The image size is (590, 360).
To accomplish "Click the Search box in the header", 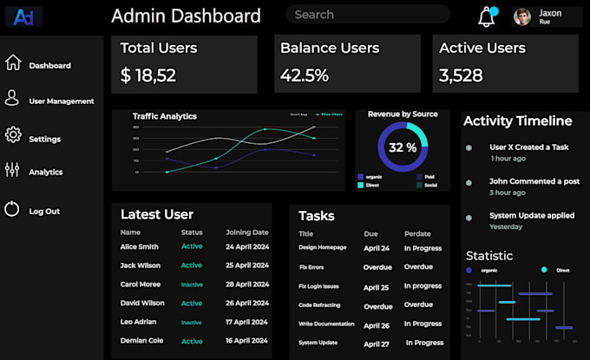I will point(367,15).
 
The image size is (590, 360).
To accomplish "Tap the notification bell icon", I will point(486,16).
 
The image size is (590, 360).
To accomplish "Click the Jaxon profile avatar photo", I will point(521,16).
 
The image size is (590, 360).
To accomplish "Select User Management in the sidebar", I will point(61,101).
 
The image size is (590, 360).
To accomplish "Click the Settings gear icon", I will point(13,134).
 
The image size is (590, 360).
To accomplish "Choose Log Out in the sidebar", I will point(43,211).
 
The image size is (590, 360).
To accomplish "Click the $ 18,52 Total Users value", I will point(148,75).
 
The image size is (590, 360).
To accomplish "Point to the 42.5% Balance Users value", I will point(305,75).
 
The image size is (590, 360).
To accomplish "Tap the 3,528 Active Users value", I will point(461,75).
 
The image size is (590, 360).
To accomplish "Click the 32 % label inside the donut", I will point(403,147).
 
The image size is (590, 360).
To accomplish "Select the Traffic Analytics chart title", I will point(165,116).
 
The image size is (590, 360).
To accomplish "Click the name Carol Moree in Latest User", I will point(141,285).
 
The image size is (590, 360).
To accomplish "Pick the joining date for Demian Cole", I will point(247,341).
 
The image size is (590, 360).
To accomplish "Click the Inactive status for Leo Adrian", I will point(191,323).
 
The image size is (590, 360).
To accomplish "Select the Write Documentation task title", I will point(326,324).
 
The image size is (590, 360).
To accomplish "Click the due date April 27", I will point(377,344).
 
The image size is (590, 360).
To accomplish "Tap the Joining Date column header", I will point(247,232).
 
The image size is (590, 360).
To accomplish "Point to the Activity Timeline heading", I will point(517,121).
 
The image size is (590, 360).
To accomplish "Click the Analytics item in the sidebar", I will point(45,172).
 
